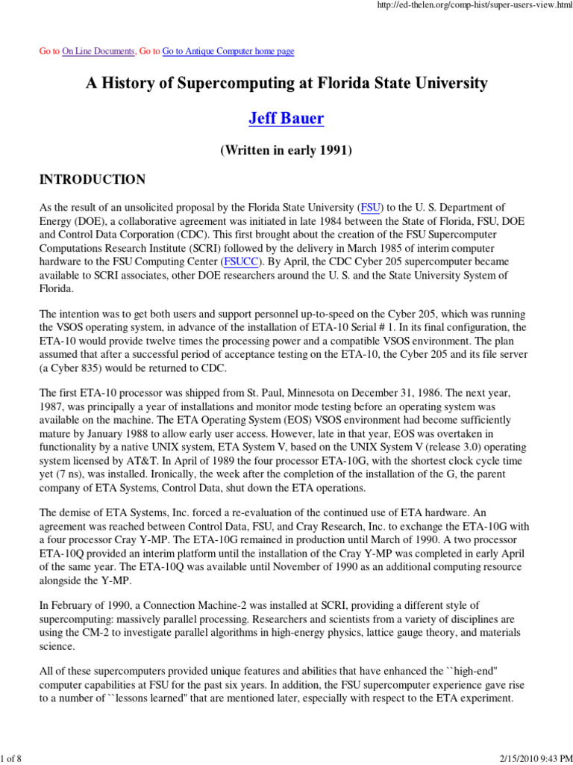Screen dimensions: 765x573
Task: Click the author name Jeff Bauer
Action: [x=286, y=119]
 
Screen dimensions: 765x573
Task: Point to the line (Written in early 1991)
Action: [x=286, y=150]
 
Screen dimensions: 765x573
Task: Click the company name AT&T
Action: [x=175, y=462]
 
